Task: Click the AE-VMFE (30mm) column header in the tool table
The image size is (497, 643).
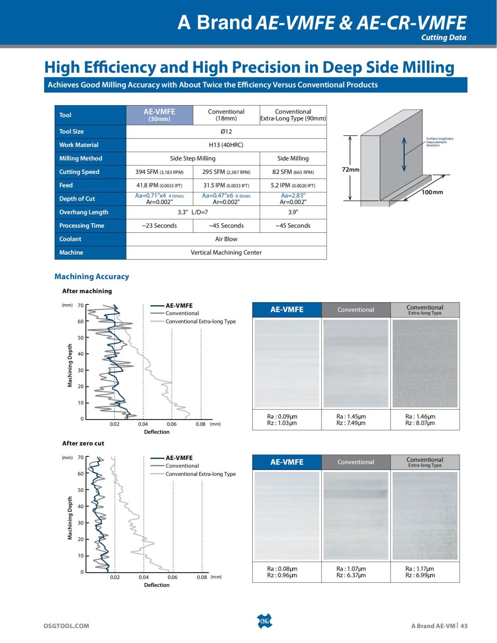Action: click(159, 115)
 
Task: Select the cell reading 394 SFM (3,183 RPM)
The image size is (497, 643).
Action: click(159, 172)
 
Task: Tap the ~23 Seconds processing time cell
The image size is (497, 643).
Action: click(159, 226)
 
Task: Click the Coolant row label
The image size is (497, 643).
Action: click(70, 239)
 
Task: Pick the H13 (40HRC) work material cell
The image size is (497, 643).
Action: click(226, 145)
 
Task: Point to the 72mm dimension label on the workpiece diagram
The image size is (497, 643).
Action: click(350, 169)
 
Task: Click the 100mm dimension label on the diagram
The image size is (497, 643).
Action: click(432, 192)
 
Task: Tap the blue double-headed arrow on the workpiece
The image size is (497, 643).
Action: click(404, 154)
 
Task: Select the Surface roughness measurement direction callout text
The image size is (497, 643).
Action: click(439, 142)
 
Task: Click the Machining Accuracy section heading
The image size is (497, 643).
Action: click(92, 277)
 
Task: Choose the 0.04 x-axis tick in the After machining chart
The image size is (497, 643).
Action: click(143, 424)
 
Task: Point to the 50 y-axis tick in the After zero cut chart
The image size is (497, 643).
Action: click(81, 490)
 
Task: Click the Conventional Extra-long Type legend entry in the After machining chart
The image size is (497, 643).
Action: click(200, 321)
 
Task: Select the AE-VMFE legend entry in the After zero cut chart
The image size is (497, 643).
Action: click(179, 458)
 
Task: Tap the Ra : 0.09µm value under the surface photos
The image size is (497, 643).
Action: click(282, 417)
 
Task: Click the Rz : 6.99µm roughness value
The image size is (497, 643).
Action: click(420, 575)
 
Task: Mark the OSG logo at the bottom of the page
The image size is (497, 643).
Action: click(265, 621)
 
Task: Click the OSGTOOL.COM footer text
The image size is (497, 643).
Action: click(66, 626)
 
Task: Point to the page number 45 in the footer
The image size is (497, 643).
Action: click(464, 626)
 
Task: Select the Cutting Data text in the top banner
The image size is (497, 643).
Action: click(444, 37)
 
